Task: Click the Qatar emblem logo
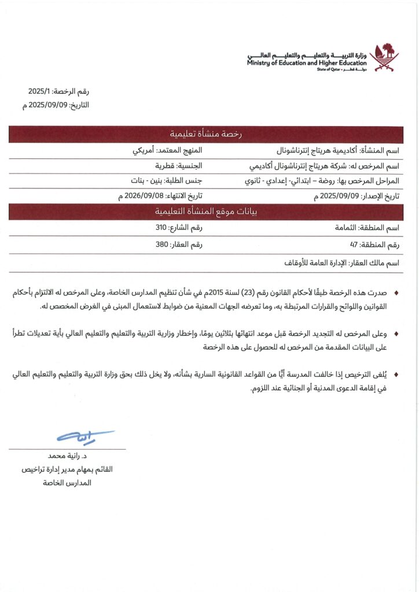(x=384, y=56)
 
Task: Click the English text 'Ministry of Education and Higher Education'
(x=306, y=62)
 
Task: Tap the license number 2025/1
(x=40, y=91)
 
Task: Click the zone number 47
(x=354, y=245)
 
